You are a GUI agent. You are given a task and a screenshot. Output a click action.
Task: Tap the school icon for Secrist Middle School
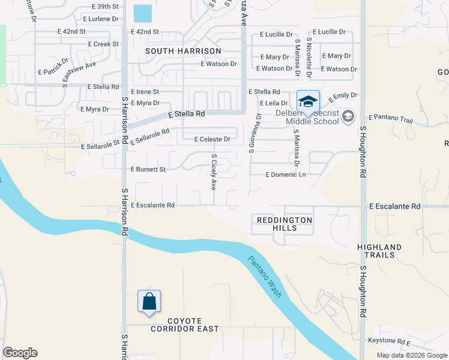[308, 101]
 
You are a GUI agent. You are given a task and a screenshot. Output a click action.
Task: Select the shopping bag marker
[149, 301]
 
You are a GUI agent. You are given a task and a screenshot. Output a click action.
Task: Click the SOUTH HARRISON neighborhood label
[183, 52]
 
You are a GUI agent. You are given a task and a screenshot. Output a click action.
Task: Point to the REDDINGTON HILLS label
[285, 224]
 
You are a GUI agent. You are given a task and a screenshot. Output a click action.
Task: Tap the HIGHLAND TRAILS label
[379, 251]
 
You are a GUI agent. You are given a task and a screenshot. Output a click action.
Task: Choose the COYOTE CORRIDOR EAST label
[185, 325]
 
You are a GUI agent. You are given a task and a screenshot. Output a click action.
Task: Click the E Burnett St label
[148, 170]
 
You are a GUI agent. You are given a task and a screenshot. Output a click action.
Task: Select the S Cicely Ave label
[213, 172]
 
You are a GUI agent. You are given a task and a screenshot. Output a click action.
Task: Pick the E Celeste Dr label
[212, 139]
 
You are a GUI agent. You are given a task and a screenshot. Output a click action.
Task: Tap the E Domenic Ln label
[286, 175]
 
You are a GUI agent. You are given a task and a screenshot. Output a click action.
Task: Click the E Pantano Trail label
[391, 118]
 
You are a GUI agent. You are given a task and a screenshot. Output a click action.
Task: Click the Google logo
[20, 353]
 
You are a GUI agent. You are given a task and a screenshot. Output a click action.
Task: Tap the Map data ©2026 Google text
[411, 355]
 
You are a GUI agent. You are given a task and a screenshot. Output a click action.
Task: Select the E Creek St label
[103, 44]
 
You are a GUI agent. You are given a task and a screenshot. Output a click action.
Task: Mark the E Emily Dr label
[341, 95]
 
